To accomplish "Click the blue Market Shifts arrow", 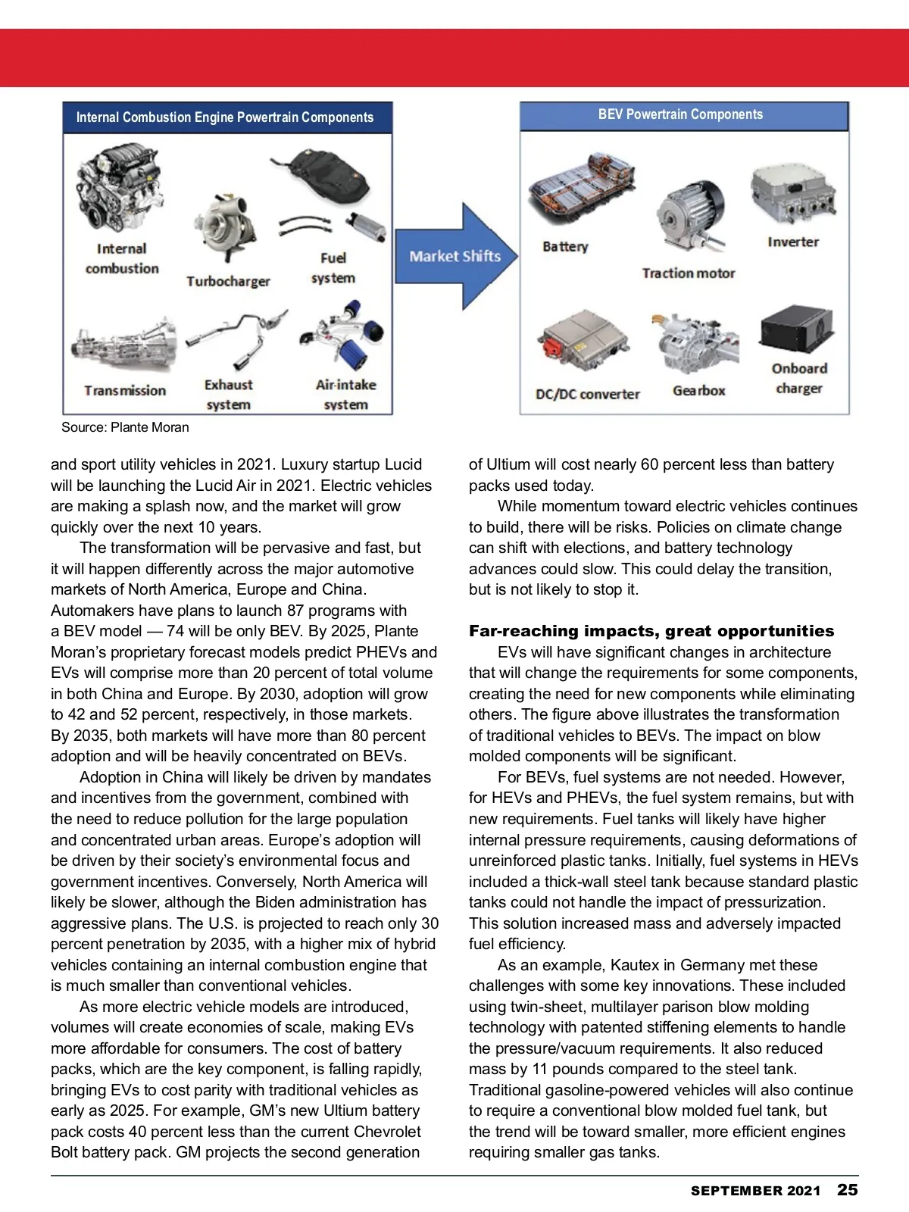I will pyautogui.click(x=455, y=256).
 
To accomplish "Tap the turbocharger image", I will pyautogui.click(x=226, y=227).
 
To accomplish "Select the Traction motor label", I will pyautogui.click(x=689, y=273).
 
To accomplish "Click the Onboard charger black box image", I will pyautogui.click(x=796, y=330).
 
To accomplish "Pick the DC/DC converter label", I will pyautogui.click(x=588, y=394).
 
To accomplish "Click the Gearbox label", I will pyautogui.click(x=699, y=391).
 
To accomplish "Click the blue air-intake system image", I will pyautogui.click(x=343, y=339).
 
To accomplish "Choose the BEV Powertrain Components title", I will pyautogui.click(x=680, y=114).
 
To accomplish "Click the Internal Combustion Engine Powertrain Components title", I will pyautogui.click(x=225, y=117).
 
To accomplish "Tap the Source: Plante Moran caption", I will pyautogui.click(x=125, y=427).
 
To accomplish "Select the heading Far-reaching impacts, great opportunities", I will pyautogui.click(x=651, y=631).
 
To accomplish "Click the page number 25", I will pyautogui.click(x=848, y=1190).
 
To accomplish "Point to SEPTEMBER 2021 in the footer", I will pyautogui.click(x=755, y=1191).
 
